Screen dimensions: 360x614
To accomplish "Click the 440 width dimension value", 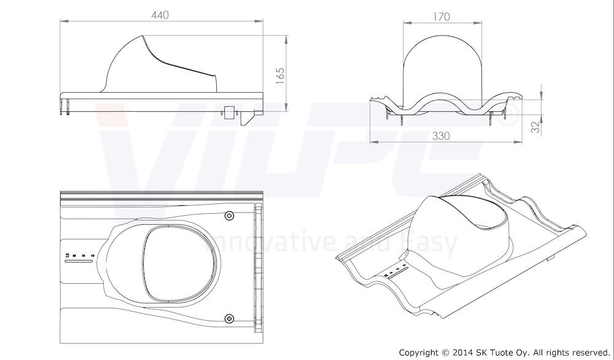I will [x=161, y=13].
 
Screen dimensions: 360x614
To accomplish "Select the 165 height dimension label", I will [x=280, y=78].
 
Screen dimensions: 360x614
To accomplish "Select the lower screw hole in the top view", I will [x=229, y=318].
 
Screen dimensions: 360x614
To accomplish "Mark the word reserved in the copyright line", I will [x=586, y=352].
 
